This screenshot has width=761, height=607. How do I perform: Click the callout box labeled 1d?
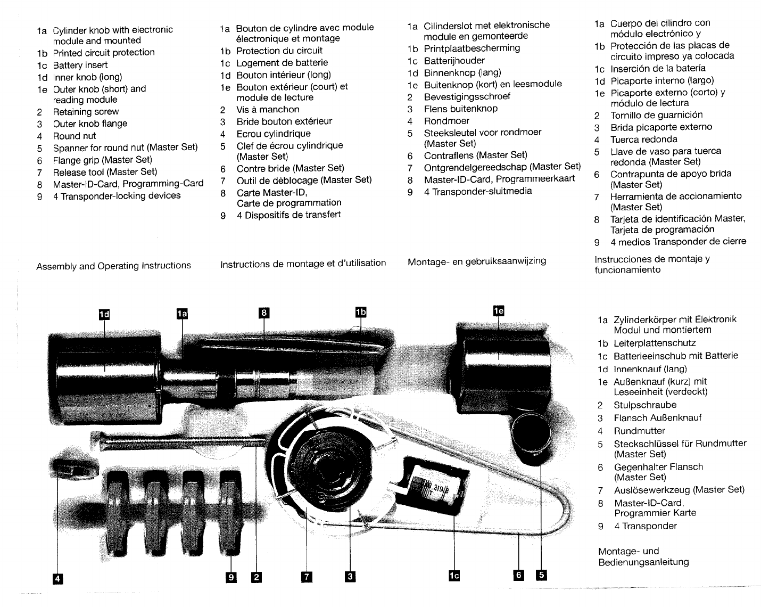(x=104, y=314)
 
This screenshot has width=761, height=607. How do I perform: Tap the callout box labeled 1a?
(x=182, y=314)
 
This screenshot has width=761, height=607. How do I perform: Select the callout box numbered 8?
(x=263, y=313)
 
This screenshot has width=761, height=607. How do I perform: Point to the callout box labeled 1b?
(x=361, y=313)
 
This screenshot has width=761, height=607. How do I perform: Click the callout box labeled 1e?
(x=498, y=311)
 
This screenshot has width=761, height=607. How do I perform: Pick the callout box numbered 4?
(x=57, y=578)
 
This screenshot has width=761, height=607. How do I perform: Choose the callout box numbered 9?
(x=231, y=577)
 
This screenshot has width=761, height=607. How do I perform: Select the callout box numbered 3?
(x=350, y=576)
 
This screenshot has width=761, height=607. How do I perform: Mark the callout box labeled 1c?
(x=454, y=576)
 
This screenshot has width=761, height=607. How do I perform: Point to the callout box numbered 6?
(x=519, y=575)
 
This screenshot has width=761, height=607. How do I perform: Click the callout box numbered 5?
(x=541, y=575)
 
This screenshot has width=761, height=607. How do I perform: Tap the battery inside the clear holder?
(x=434, y=485)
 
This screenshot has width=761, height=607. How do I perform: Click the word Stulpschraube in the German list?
(x=645, y=405)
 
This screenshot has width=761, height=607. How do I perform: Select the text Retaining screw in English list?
(x=86, y=112)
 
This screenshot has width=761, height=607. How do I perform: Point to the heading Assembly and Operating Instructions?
(x=113, y=266)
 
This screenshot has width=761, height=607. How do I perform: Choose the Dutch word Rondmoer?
(x=446, y=121)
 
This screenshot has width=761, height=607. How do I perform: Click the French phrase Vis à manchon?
(x=268, y=110)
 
